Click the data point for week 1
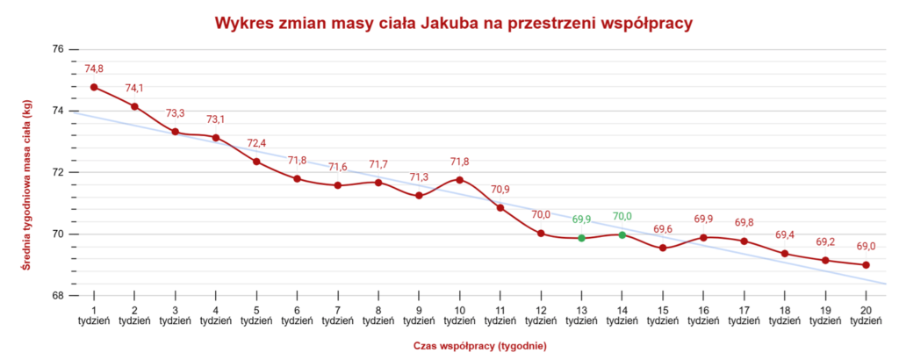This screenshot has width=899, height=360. point(94,87)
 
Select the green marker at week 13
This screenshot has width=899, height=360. point(581,238)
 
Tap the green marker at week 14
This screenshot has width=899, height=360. point(622,234)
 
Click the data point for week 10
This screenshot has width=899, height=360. point(459,180)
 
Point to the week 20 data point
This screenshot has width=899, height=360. point(867,265)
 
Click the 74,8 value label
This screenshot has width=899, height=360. point(94,68)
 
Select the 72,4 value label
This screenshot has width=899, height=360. point(256,143)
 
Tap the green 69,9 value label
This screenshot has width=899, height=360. point(581,220)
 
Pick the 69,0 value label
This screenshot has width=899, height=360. point(867,247)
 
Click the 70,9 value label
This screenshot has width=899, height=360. point(500,190)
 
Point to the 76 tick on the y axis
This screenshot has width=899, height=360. point(58,49)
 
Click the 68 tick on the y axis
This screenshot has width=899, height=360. point(58,296)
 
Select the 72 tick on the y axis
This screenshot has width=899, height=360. point(58,172)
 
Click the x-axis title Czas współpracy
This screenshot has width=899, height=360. point(479,346)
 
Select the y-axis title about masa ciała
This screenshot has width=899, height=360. point(27,172)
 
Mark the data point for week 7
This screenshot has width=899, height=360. point(338,185)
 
